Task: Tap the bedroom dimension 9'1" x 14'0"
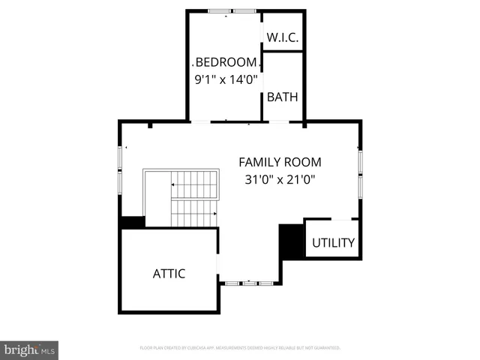pyautogui.click(x=226, y=77)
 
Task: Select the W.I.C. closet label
pyautogui.click(x=282, y=37)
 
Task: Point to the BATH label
pyautogui.click(x=282, y=97)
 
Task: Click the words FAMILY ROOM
pyautogui.click(x=280, y=162)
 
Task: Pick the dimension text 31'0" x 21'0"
pyautogui.click(x=280, y=179)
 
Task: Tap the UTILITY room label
pyautogui.click(x=333, y=243)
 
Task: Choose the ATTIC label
pyautogui.click(x=169, y=274)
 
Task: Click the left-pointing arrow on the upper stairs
pyautogui.click(x=175, y=184)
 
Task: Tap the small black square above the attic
pyautogui.click(x=133, y=223)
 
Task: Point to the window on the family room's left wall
pyautogui.click(x=120, y=166)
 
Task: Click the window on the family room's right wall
pyautogui.click(x=360, y=172)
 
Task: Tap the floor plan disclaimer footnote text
pyautogui.click(x=240, y=348)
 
